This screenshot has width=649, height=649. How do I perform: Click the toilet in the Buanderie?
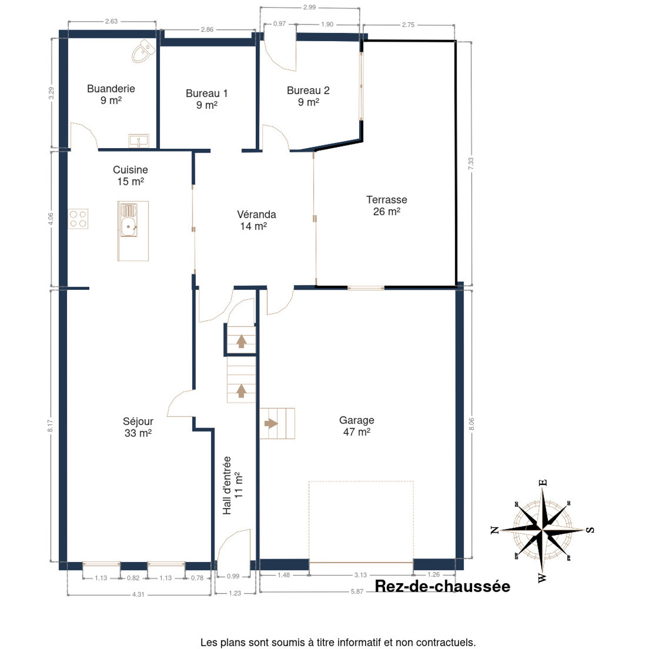(143, 51)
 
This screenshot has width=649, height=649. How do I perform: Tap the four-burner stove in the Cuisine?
(78, 219)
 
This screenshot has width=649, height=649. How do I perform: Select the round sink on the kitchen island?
(128, 227)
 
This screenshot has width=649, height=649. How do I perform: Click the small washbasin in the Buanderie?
(139, 141)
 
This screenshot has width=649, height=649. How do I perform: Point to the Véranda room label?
(256, 220)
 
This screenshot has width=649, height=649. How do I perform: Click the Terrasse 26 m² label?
(387, 206)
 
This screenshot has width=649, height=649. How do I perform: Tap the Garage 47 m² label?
(356, 426)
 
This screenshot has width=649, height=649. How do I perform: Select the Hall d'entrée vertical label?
(232, 485)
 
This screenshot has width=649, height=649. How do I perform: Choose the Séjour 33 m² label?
(138, 427)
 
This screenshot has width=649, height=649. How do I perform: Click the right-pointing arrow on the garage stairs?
(271, 423)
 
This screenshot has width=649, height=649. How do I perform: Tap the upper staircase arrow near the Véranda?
(241, 341)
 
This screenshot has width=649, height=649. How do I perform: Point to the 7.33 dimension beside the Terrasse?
(471, 164)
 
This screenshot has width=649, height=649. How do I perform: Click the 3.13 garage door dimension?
(360, 575)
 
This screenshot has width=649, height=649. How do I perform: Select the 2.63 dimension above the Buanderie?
(111, 21)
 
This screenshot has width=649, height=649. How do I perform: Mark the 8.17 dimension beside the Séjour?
(50, 426)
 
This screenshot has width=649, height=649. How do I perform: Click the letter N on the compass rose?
(494, 531)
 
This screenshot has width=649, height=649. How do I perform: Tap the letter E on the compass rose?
(543, 482)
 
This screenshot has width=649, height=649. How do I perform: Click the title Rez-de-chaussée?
(442, 586)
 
